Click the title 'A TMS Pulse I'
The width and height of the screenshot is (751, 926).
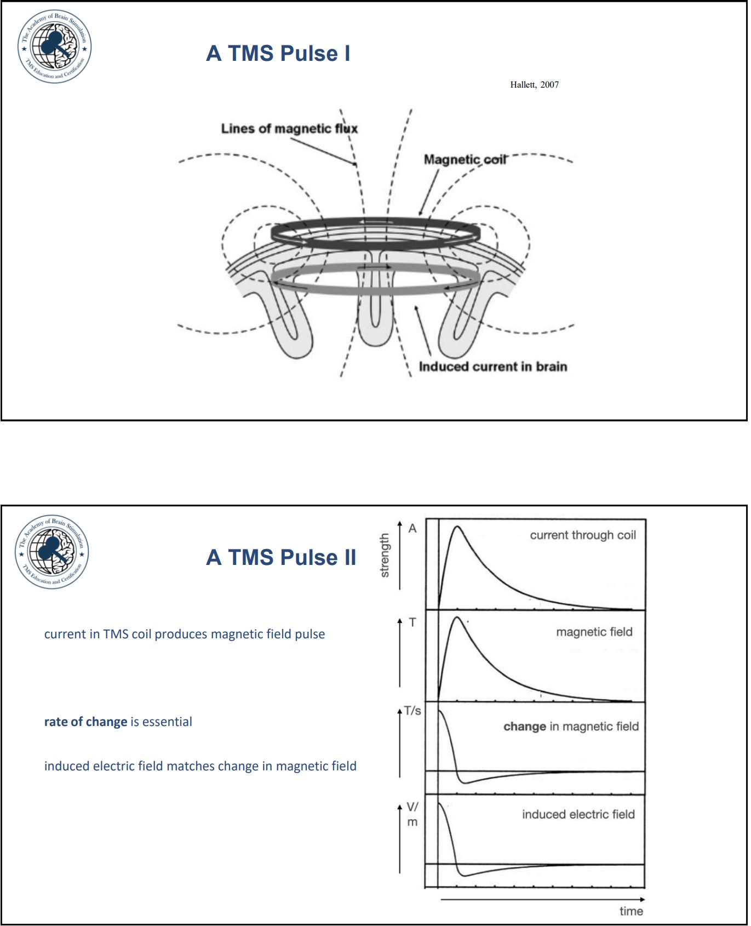coord(278,53)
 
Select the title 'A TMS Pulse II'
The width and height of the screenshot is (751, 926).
coord(281,557)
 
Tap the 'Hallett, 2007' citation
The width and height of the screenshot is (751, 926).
coord(534,84)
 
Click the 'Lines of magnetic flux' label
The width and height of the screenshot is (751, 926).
coord(289,129)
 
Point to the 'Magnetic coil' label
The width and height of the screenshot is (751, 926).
coord(465,159)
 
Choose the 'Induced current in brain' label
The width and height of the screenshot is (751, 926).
coord(492,367)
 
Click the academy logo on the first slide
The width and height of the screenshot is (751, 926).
coord(55,46)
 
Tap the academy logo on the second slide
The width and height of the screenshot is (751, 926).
coord(52,552)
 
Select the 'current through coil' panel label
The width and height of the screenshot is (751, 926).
coord(583,535)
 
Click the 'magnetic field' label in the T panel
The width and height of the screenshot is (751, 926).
coord(594,632)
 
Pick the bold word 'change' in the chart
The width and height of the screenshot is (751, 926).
coord(525,727)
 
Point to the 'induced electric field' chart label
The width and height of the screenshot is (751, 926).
coord(578,814)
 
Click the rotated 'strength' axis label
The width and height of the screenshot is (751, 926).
coord(385,556)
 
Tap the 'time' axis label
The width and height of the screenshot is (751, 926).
coord(631,911)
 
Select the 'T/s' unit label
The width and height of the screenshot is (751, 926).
coord(412,711)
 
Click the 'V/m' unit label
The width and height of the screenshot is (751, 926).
coord(412,814)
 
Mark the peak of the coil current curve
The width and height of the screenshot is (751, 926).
coord(457,527)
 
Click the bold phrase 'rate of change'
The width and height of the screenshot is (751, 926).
coord(85,722)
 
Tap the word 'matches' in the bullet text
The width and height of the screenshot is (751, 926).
coord(190,766)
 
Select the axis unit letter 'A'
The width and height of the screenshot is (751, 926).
coord(412,528)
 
